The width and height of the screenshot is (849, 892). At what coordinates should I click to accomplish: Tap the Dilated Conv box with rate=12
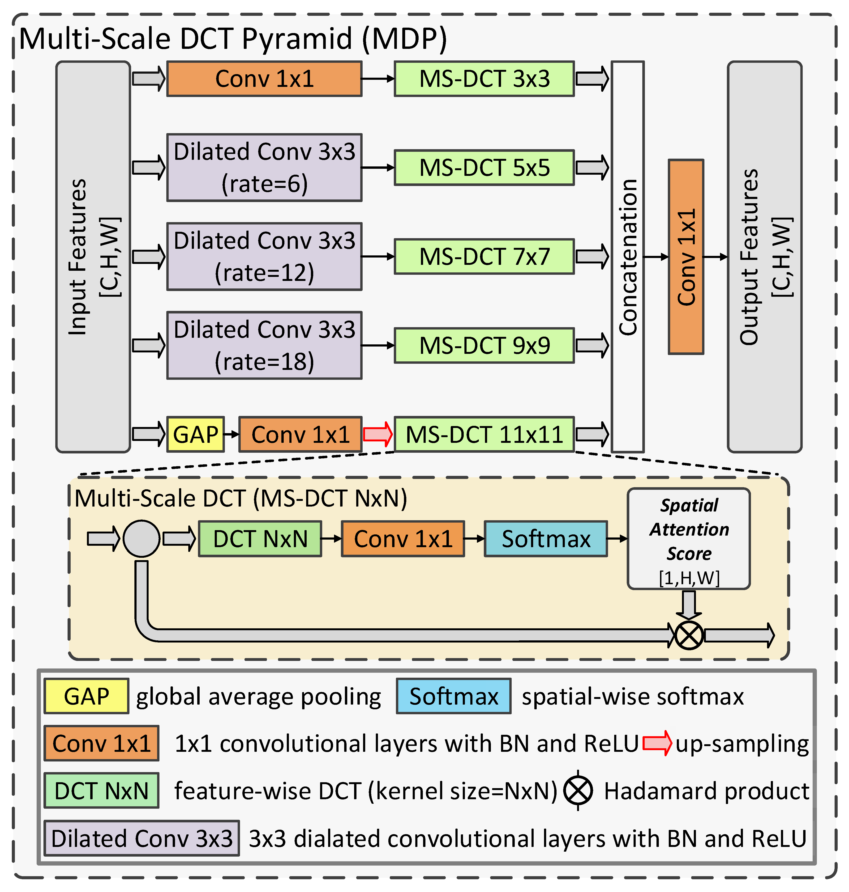click(264, 256)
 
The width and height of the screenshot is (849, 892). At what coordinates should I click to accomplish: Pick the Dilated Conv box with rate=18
click(264, 345)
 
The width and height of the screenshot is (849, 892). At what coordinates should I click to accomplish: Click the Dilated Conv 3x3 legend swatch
click(142, 839)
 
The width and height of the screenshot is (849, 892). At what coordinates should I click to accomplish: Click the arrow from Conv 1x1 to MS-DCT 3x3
click(378, 79)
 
